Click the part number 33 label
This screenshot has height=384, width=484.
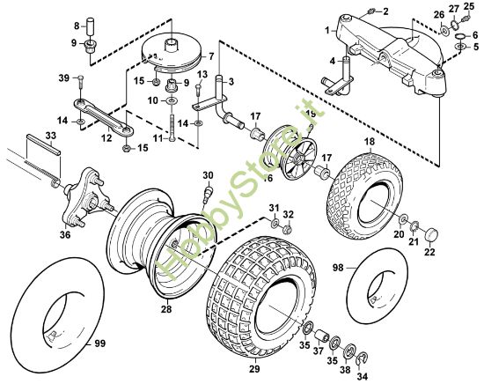[x=51, y=136]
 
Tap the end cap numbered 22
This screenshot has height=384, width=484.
[x=432, y=233]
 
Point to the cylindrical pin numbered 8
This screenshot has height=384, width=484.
[x=90, y=26]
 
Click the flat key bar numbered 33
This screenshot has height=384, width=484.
[x=44, y=144]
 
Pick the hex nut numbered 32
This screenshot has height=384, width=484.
[x=288, y=229]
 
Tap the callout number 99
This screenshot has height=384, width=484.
[x=99, y=343]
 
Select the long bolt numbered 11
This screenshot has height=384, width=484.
[x=172, y=128]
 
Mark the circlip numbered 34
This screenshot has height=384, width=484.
[x=361, y=360]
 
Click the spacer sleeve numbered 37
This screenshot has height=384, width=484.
[x=322, y=335]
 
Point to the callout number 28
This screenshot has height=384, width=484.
[x=166, y=308]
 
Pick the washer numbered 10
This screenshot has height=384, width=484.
[x=171, y=100]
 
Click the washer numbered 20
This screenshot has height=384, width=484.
[x=403, y=219]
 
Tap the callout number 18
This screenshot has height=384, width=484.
[x=370, y=142]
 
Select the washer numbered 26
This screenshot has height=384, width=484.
[x=444, y=31]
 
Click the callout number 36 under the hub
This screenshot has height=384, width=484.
[x=65, y=235]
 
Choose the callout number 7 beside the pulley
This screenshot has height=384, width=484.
[x=211, y=56]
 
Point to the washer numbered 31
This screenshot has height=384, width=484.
[x=275, y=223]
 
